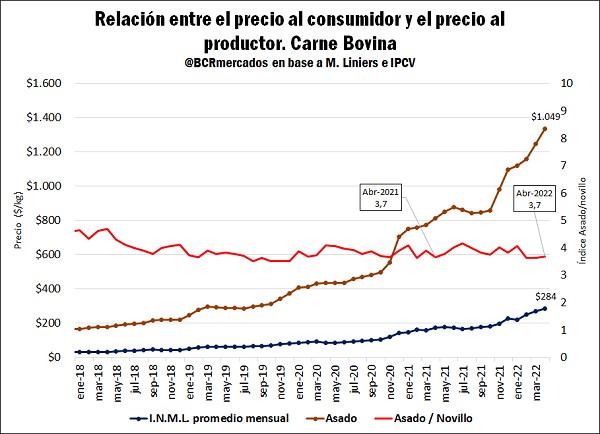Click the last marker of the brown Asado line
[545, 128]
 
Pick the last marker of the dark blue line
[545, 308]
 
